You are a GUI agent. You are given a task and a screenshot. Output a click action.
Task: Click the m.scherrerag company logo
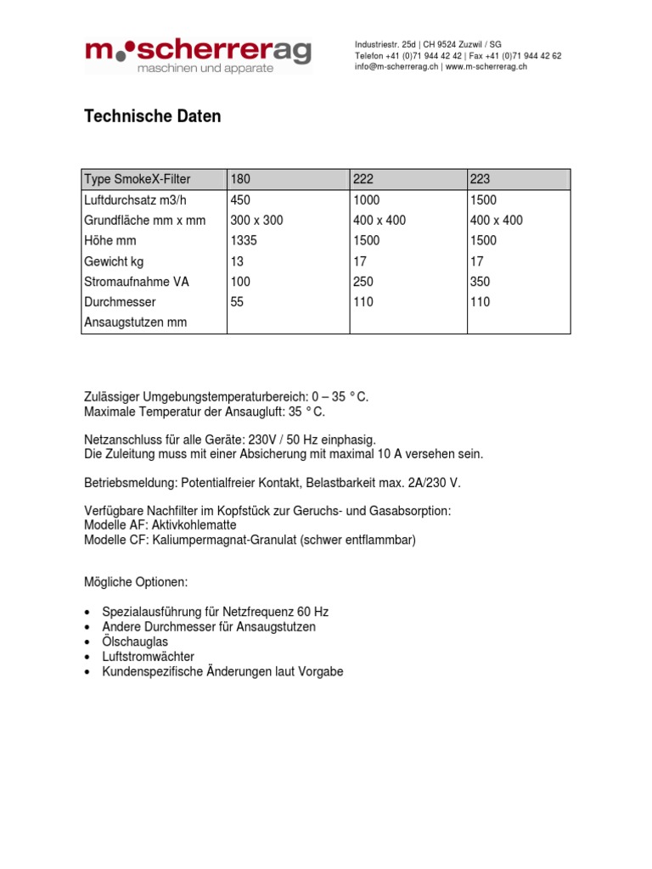tap(198, 56)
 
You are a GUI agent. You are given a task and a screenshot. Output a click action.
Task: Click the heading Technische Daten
tap(152, 117)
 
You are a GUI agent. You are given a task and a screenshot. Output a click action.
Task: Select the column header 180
tap(241, 179)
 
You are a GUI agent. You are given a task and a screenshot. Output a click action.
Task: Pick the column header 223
tap(481, 179)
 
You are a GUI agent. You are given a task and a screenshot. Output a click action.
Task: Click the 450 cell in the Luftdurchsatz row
tap(241, 200)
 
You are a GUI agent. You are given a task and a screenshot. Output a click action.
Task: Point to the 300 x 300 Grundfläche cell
tap(256, 221)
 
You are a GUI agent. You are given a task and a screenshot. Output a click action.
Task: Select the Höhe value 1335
tap(244, 241)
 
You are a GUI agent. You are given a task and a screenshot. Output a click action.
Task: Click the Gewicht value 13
tap(237, 261)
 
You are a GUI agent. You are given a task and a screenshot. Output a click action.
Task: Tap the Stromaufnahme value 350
tap(481, 282)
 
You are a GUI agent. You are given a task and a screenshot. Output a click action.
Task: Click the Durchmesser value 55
tap(237, 302)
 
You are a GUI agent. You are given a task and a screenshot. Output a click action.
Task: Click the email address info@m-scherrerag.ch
tap(396, 67)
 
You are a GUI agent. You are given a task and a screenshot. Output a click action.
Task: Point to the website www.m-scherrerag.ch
tap(486, 67)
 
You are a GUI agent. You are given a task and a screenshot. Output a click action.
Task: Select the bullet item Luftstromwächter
tap(148, 657)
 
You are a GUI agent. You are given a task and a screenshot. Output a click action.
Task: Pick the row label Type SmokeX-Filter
tap(138, 179)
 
